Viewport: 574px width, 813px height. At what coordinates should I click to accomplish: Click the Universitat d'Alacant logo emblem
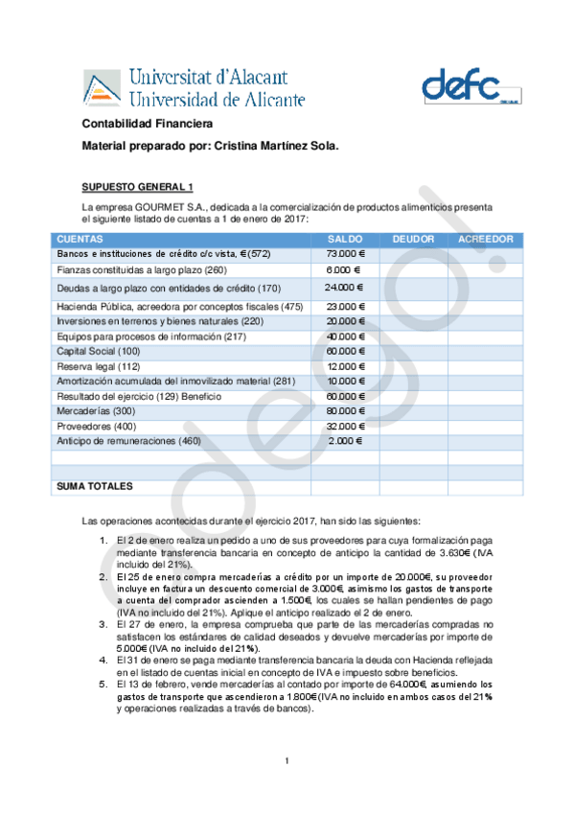click(x=100, y=87)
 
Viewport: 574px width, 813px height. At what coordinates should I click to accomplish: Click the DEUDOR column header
click(x=413, y=239)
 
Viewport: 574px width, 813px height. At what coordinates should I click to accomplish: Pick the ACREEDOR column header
click(x=486, y=239)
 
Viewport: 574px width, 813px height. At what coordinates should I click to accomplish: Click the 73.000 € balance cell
click(x=346, y=254)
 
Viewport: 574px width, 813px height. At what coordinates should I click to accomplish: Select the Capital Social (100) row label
click(x=99, y=352)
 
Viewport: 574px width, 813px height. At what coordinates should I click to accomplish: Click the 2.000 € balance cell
click(x=346, y=440)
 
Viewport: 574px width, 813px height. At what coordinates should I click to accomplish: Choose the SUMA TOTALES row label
click(x=95, y=487)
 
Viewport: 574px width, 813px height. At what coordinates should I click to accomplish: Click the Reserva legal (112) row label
click(x=99, y=367)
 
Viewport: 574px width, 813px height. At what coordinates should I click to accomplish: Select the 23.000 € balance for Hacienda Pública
click(x=346, y=306)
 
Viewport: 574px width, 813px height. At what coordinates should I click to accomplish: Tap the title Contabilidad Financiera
click(x=147, y=125)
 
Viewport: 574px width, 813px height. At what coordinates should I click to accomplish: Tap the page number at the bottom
click(x=287, y=762)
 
